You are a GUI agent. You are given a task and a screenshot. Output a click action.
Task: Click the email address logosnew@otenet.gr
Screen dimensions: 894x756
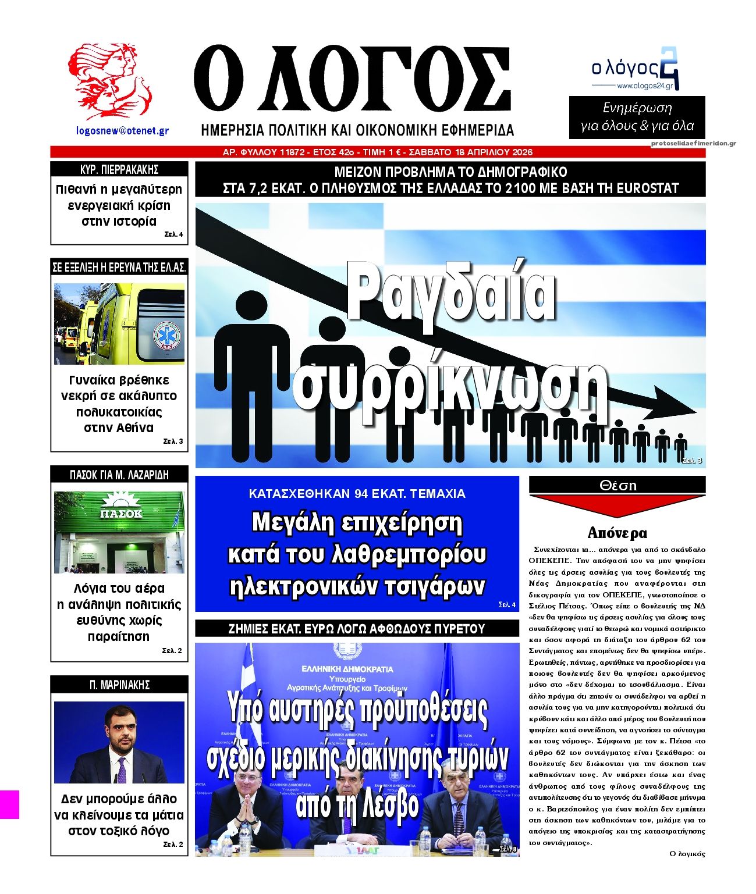tap(122, 131)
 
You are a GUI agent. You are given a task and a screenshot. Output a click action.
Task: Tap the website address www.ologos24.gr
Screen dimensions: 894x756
tap(644, 86)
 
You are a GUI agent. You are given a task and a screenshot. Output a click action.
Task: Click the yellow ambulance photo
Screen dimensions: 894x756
tap(119, 324)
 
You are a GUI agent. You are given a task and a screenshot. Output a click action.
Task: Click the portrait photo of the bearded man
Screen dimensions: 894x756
tap(119, 742)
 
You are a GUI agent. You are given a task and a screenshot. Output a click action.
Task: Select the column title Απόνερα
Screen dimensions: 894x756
tap(617, 533)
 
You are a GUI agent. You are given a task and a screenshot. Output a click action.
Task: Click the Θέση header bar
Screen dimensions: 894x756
tap(617, 485)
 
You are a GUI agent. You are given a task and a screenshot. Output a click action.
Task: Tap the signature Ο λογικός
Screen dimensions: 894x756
tap(687, 854)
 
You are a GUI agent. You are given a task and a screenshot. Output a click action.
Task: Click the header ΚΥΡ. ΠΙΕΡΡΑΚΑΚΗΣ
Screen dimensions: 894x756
tap(119, 170)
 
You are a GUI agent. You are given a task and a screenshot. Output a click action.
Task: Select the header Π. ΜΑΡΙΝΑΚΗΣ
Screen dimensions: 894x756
tap(119, 685)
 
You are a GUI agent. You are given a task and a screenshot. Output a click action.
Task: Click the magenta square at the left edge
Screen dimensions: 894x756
tap(9, 804)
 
